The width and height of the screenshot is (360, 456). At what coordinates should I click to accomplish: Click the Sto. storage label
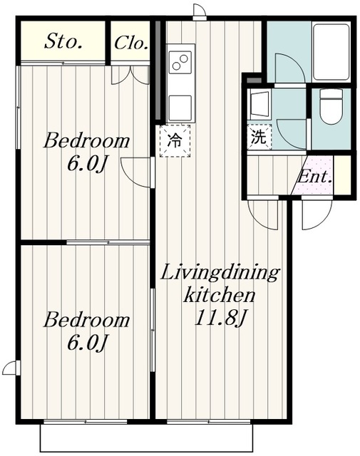tap(63, 41)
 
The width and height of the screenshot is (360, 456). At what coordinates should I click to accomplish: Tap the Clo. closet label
tap(130, 43)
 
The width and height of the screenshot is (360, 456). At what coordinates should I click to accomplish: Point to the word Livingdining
tap(220, 273)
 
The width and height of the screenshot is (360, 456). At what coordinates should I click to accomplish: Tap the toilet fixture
tap(331, 107)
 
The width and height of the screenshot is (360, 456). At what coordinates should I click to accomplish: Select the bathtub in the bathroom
tap(331, 52)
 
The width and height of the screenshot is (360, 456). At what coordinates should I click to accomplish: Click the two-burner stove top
tap(180, 62)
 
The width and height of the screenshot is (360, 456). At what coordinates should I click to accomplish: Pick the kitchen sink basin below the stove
tap(180, 108)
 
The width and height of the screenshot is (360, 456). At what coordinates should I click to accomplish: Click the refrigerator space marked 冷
tap(175, 141)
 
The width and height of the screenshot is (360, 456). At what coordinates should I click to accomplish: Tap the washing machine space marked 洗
tap(259, 137)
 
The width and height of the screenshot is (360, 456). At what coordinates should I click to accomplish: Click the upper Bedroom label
tap(86, 141)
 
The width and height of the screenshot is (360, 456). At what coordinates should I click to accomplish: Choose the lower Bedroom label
tap(86, 320)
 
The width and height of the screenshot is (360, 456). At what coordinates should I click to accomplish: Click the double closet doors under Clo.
tap(130, 75)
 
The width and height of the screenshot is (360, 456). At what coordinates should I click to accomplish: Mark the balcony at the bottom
tap(146, 438)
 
